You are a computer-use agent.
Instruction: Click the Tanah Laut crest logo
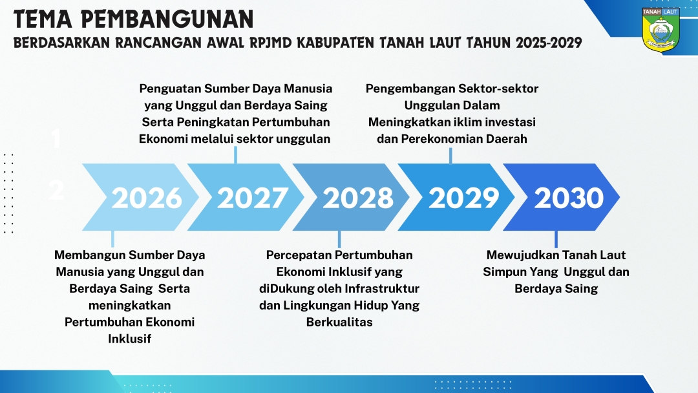click(x=661, y=29)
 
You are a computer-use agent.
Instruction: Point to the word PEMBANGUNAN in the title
click(x=167, y=19)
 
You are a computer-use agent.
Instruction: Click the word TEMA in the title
click(x=43, y=19)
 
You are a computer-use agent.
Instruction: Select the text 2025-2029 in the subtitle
click(x=549, y=43)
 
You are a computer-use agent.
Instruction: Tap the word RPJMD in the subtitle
click(x=271, y=43)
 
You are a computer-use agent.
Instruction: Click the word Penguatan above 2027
click(x=170, y=89)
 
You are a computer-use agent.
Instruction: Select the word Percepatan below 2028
click(x=297, y=255)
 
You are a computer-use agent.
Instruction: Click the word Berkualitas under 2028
click(x=339, y=322)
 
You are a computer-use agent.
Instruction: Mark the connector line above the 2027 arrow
click(x=235, y=155)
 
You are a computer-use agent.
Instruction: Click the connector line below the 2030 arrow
click(x=556, y=239)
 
